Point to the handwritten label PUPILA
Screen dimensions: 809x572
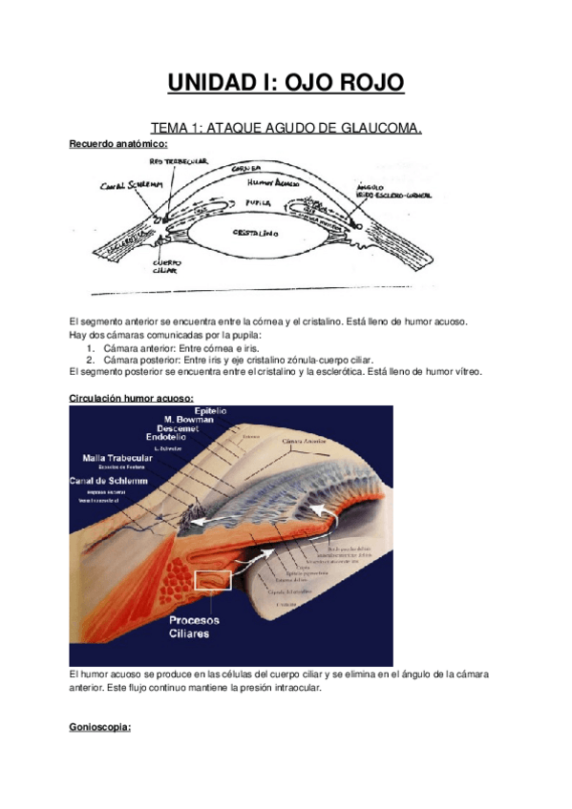257,203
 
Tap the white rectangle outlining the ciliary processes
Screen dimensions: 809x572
212,580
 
